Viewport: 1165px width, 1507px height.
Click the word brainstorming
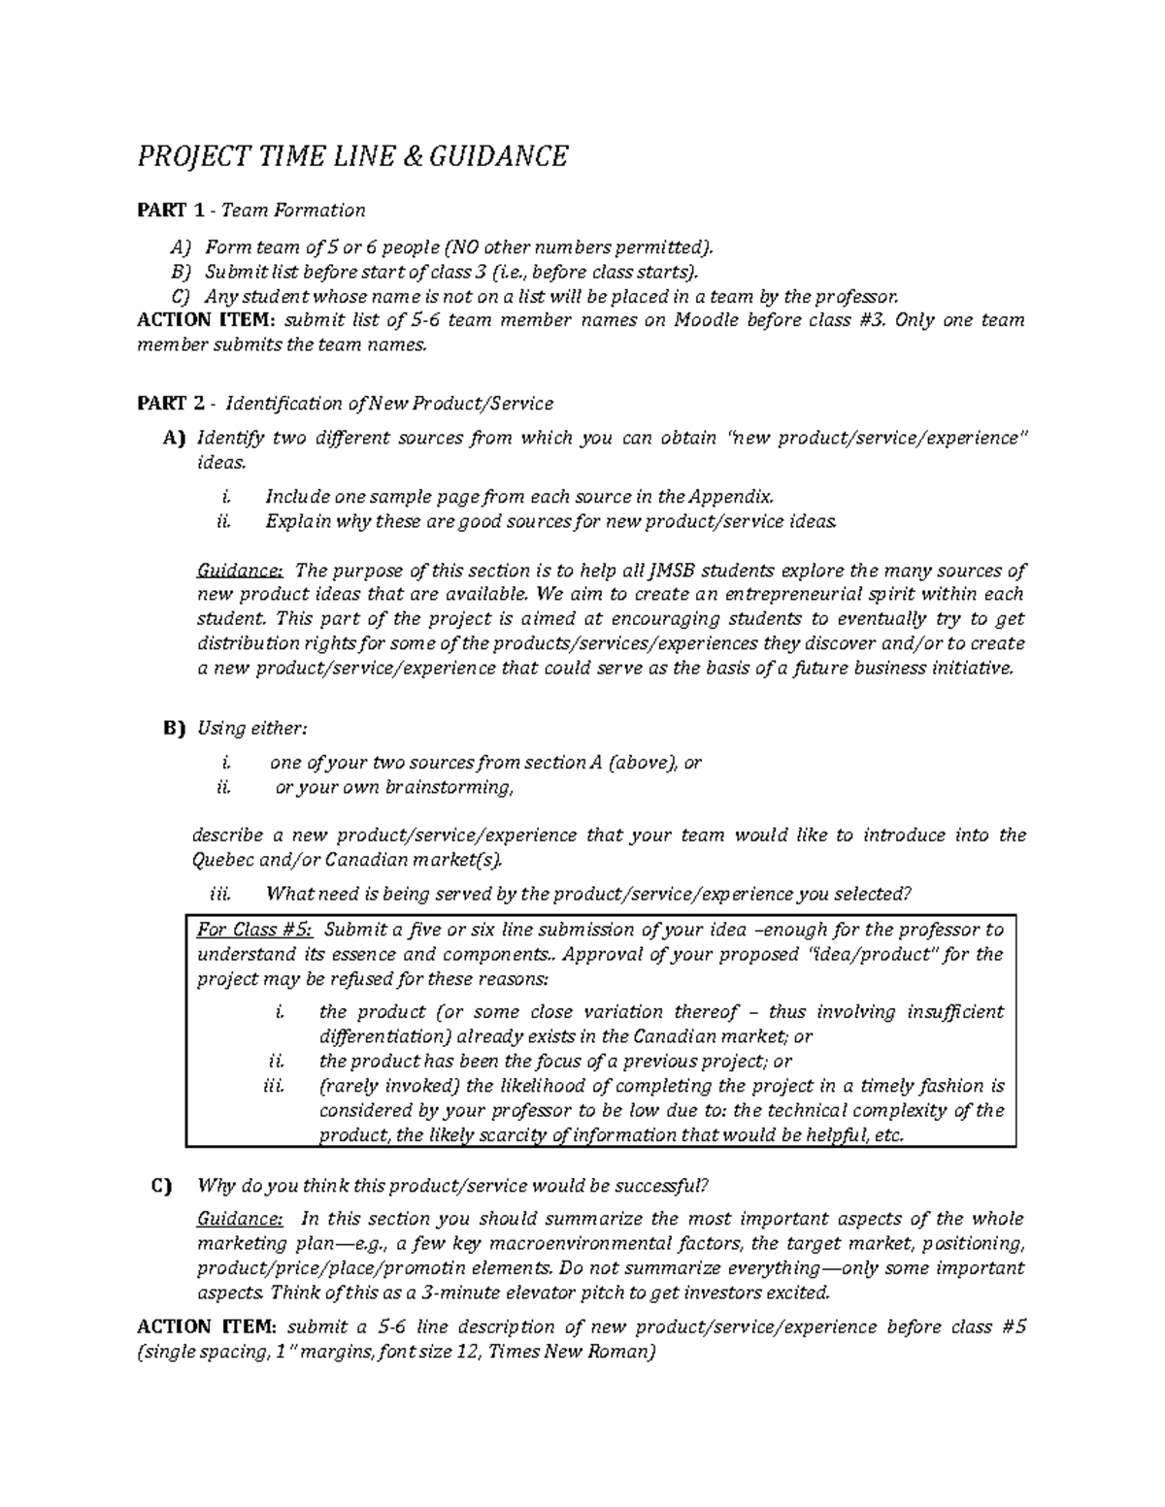click(x=448, y=787)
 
